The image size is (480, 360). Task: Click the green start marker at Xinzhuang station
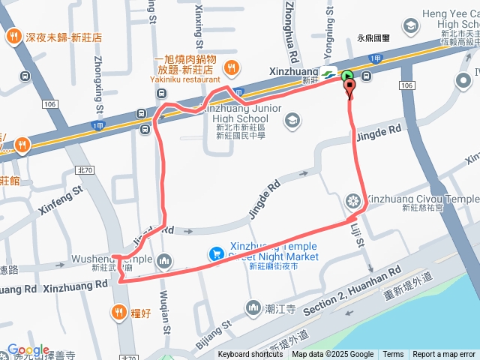coord(347,76)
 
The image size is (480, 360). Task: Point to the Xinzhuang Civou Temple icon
coord(353,200)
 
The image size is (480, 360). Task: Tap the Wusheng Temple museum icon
coord(164,262)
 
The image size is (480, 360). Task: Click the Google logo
coord(28,349)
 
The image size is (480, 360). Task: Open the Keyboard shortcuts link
coord(250,355)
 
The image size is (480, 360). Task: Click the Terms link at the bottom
coord(393,355)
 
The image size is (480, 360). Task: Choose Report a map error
coord(444,355)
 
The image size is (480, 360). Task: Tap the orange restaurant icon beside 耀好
coord(118,312)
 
